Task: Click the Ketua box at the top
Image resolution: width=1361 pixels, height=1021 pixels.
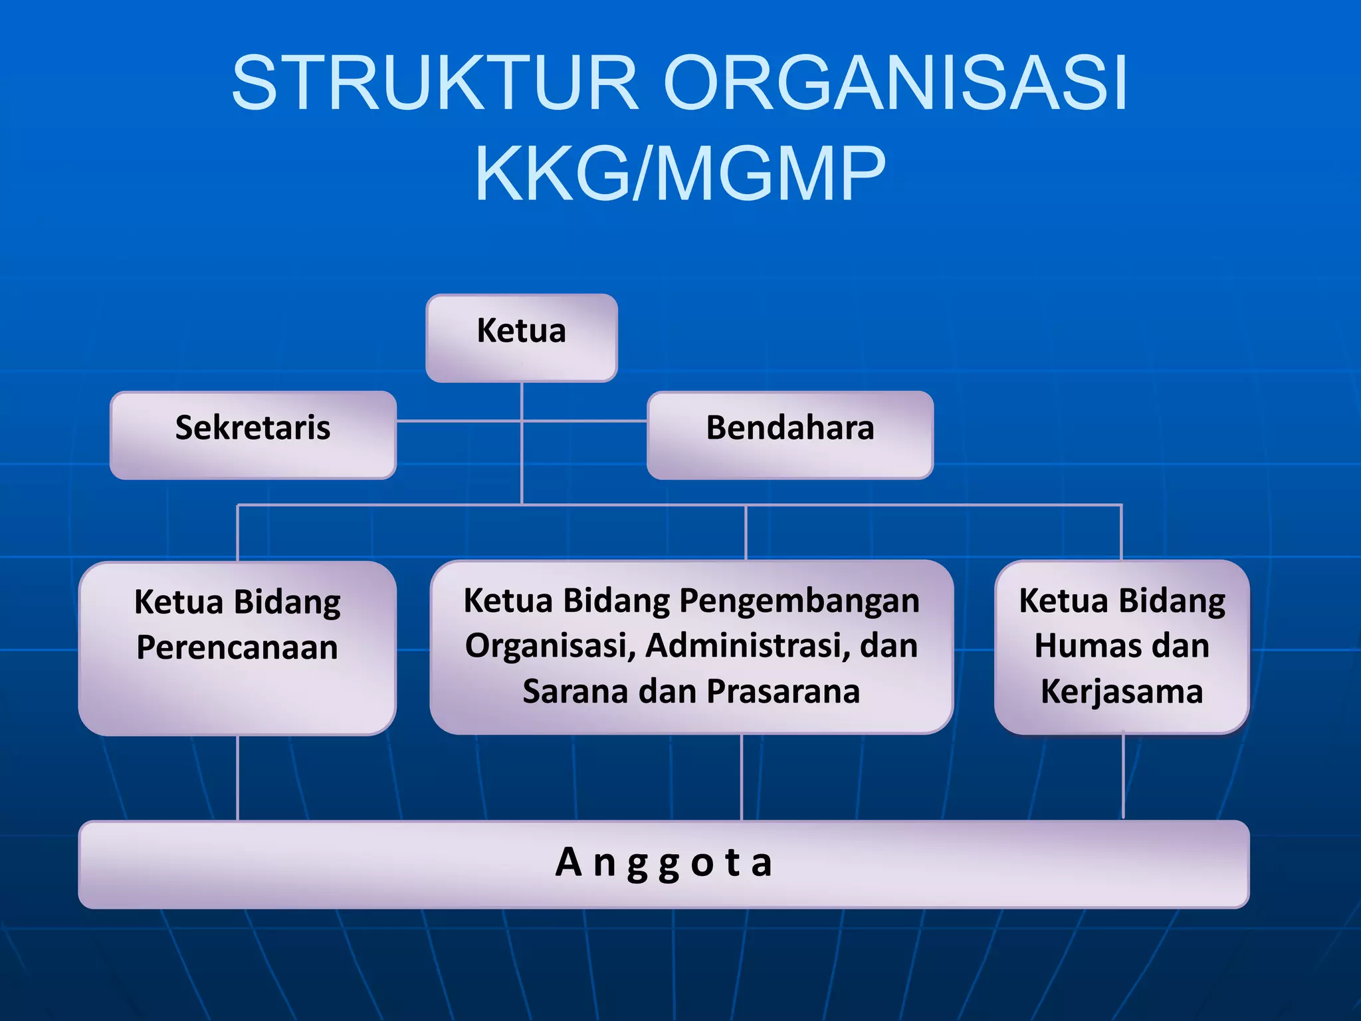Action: pyautogui.click(x=522, y=338)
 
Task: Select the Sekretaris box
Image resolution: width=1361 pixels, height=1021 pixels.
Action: pyautogui.click(x=253, y=434)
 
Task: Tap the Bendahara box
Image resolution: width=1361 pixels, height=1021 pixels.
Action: pyautogui.click(x=789, y=434)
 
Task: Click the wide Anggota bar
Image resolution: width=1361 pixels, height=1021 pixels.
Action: pyautogui.click(x=663, y=863)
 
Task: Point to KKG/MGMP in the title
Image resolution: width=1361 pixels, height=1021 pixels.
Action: pyautogui.click(x=679, y=173)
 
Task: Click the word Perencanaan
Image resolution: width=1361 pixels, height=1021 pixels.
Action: pyautogui.click(x=237, y=647)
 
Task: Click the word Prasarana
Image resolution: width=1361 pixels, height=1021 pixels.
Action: pyautogui.click(x=784, y=691)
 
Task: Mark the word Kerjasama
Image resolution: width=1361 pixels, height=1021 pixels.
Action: pyautogui.click(x=1122, y=691)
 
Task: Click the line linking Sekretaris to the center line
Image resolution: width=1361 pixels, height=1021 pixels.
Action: pyautogui.click(x=459, y=421)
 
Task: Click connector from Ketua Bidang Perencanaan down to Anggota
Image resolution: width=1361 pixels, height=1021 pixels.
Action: pyautogui.click(x=237, y=778)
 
